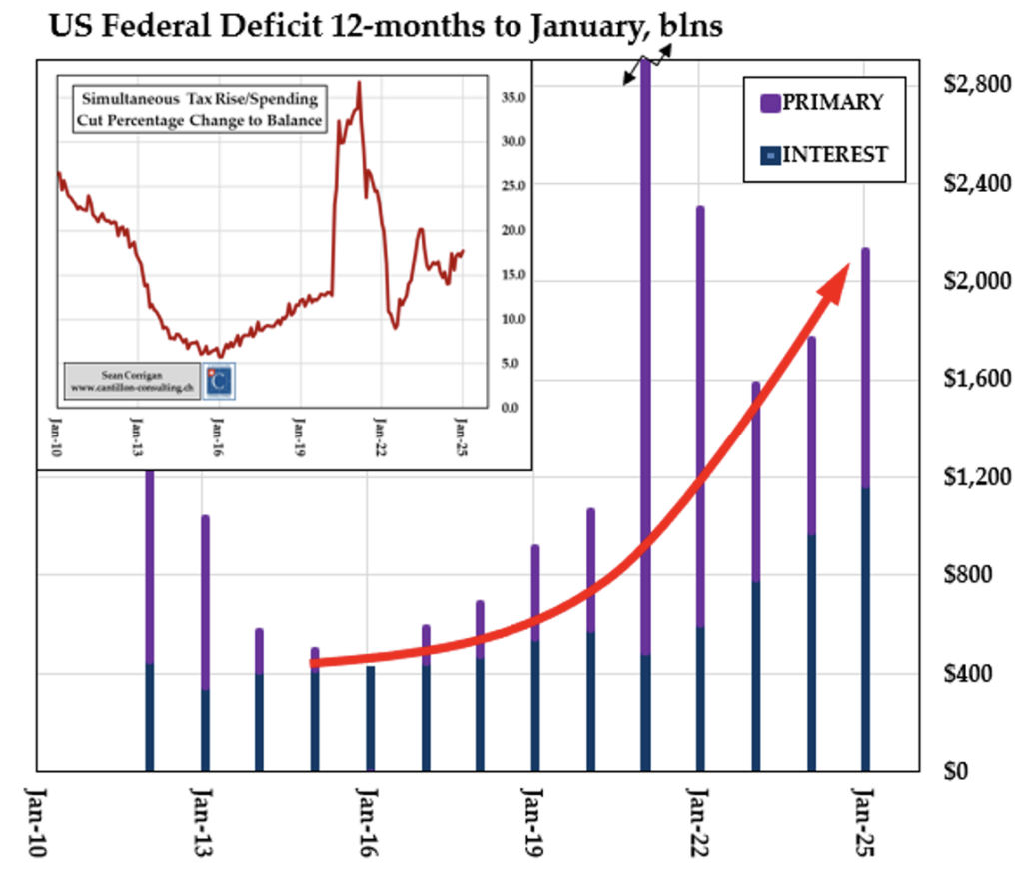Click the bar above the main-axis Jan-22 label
[700, 420]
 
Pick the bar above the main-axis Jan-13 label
[205, 599]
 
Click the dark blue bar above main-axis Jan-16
[370, 719]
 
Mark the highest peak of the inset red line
[359, 84]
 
